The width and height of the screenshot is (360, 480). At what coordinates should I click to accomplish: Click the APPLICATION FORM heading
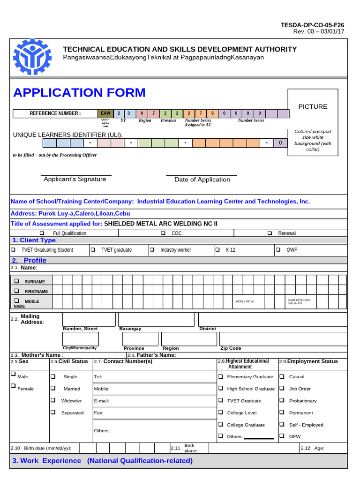tap(79, 93)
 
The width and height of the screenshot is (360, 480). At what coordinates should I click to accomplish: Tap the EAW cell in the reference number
tap(105, 113)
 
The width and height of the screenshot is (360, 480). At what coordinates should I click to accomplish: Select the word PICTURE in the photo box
tap(313, 106)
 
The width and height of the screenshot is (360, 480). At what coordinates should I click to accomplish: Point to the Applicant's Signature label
tap(75, 179)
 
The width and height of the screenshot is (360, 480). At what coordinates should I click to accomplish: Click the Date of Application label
tap(202, 180)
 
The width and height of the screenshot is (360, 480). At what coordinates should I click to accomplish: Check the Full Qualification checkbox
tap(42, 233)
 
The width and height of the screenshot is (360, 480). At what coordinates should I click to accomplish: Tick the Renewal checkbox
tap(270, 233)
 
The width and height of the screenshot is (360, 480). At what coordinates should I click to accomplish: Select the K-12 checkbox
tap(217, 250)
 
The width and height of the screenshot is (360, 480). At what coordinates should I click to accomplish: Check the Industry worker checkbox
tap(152, 250)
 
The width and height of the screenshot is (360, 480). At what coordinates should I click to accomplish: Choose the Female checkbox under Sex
tap(13, 386)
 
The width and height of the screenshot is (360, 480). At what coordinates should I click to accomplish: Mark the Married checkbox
tap(53, 388)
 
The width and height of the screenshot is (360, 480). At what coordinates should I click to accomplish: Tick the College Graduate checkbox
tap(220, 424)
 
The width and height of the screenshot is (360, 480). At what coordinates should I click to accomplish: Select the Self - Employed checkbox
tap(282, 424)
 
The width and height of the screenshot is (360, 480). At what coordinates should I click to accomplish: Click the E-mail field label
tap(101, 401)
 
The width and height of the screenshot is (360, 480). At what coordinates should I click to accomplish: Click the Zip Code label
tap(231, 348)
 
